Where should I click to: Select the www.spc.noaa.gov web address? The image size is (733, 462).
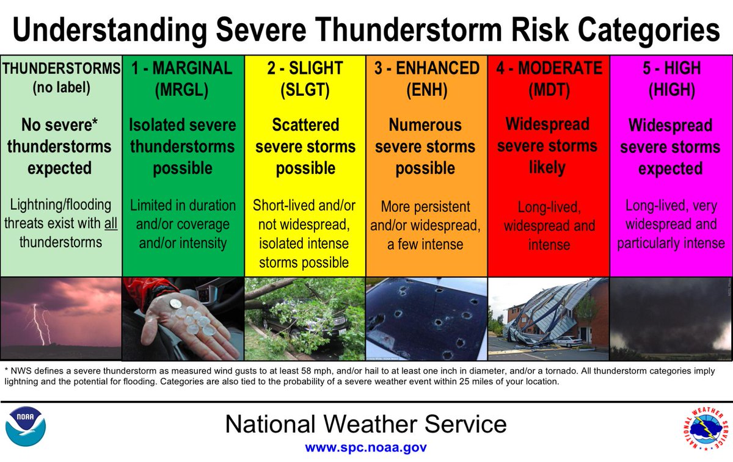[366, 447]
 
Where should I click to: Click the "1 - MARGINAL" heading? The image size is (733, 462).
[183, 68]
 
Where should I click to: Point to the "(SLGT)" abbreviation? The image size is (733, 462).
[305, 90]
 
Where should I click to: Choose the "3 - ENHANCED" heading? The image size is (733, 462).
[426, 68]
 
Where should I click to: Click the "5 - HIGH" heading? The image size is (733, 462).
[670, 68]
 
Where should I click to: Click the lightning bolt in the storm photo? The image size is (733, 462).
[39, 323]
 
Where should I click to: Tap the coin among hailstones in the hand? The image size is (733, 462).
[175, 303]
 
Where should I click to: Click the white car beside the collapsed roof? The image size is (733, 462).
[569, 341]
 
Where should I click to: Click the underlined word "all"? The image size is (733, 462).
[111, 223]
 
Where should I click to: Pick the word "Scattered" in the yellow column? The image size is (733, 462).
[305, 125]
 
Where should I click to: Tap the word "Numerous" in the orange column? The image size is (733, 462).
[425, 125]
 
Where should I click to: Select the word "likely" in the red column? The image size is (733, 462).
[547, 168]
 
